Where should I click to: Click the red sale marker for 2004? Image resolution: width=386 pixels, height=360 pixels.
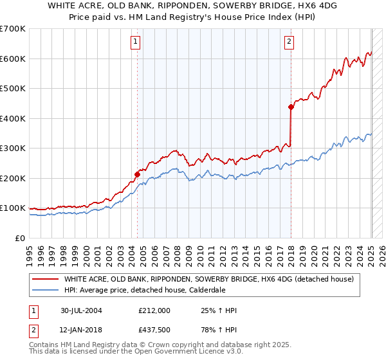pyautogui.click(x=137, y=174)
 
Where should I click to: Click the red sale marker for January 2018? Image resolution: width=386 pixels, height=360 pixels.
pyautogui.click(x=290, y=107)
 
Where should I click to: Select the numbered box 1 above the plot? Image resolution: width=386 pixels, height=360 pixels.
pyautogui.click(x=136, y=42)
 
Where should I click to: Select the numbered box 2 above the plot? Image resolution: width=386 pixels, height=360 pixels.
pyautogui.click(x=289, y=42)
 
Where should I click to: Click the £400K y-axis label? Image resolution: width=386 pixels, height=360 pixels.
pyautogui.click(x=13, y=118)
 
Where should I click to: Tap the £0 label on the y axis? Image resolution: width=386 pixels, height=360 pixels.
pyautogui.click(x=21, y=238)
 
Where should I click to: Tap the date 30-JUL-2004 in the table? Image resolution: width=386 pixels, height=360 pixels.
pyautogui.click(x=81, y=310)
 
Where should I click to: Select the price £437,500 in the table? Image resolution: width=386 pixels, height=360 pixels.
pyautogui.click(x=154, y=330)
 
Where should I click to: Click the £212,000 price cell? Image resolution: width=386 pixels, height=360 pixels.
pyautogui.click(x=154, y=310)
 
